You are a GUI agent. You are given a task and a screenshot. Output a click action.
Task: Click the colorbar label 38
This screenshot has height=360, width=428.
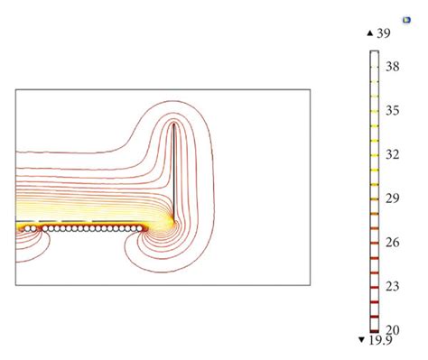tap(393, 67)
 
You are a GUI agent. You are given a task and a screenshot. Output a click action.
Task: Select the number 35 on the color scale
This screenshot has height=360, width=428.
tap(393, 111)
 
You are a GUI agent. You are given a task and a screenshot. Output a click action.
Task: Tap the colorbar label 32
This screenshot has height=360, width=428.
tap(393, 154)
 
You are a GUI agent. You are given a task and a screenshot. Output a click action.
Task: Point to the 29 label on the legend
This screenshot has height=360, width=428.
tap(393, 198)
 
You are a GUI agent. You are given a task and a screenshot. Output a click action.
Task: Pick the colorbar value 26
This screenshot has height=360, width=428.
tap(393, 243)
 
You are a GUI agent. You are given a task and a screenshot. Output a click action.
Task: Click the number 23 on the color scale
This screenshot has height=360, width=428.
tap(393, 286)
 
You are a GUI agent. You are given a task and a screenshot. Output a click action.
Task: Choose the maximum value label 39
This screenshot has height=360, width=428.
tap(384, 33)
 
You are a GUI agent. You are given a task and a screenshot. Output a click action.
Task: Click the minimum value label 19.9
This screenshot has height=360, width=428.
tap(381, 340)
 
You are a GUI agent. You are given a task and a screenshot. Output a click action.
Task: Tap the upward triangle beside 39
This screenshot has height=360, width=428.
tap(370, 33)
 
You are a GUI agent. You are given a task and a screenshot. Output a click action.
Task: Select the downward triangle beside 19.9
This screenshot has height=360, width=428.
tap(361, 340)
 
